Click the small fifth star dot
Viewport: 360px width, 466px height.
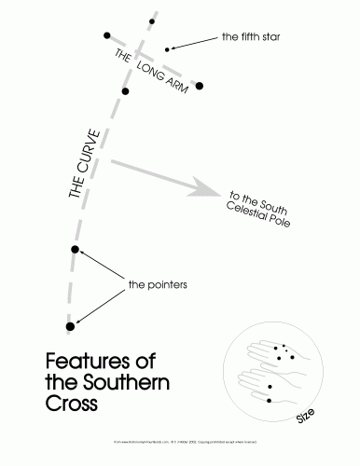[x=167, y=48]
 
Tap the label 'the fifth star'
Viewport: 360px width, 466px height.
[x=251, y=38]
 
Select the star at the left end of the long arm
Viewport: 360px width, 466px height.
[x=107, y=35]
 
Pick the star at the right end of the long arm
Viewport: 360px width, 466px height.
[x=199, y=87]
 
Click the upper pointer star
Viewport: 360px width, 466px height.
[x=76, y=250]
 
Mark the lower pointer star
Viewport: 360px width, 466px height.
[x=70, y=325]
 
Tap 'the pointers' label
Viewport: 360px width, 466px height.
[x=159, y=282]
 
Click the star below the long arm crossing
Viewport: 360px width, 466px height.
[x=124, y=91]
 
